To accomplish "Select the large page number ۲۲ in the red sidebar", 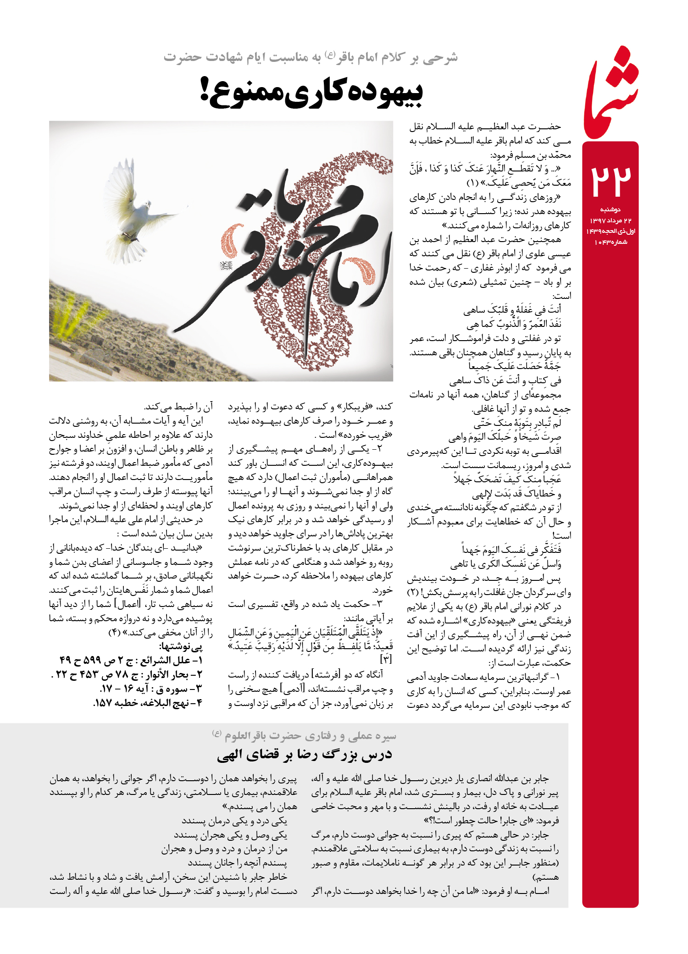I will click(x=610, y=181).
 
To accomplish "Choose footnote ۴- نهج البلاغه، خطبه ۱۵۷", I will click(x=148, y=703).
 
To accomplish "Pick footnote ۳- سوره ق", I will click(x=151, y=689).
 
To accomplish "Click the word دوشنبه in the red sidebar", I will click(x=610, y=210).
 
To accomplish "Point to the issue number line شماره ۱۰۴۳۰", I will click(x=610, y=242).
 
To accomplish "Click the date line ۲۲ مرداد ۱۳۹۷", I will click(x=610, y=221).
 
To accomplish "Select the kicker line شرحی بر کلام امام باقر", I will click(x=311, y=58).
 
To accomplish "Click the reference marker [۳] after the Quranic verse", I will click(x=386, y=659).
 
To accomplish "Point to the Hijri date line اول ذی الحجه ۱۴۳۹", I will click(x=610, y=231).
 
